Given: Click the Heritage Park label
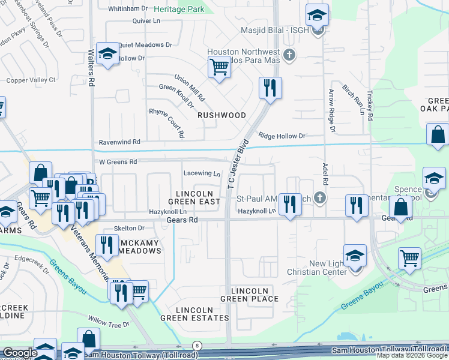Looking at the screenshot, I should click(179, 10).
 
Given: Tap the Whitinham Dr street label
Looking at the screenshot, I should click(128, 8).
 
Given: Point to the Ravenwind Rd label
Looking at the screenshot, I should click(119, 142).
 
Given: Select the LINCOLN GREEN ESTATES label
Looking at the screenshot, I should click(202, 314).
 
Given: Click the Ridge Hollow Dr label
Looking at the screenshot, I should click(282, 136).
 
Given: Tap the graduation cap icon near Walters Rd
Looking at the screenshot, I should click(107, 56).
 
